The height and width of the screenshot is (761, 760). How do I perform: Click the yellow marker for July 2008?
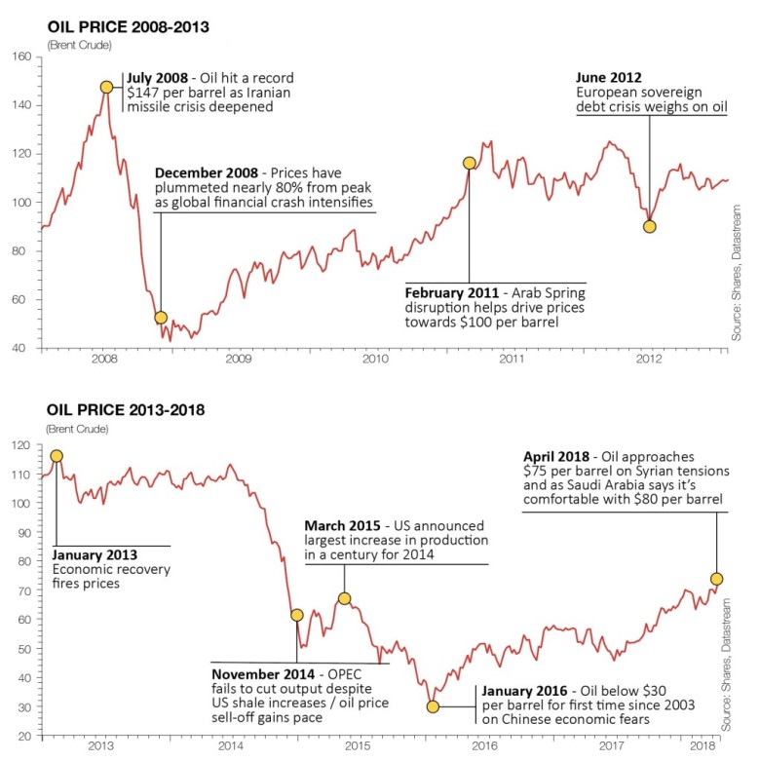[x=106, y=87]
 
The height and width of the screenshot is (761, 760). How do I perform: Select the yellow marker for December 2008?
[x=161, y=318]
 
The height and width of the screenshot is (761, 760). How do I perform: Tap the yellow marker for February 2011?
[x=469, y=163]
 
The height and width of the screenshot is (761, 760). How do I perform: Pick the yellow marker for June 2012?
[x=650, y=226]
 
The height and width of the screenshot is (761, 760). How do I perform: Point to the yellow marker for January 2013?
[x=57, y=456]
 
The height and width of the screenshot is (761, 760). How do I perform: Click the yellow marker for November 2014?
[x=297, y=615]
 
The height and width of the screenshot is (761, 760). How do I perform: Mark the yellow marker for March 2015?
[x=344, y=598]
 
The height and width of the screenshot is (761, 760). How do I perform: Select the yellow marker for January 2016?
[x=433, y=706]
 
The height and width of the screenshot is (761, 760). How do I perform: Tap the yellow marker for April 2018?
[x=717, y=579]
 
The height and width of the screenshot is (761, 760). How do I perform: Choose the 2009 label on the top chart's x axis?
[x=239, y=359]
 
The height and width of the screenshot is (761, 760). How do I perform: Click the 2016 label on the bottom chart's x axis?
[x=485, y=747]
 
